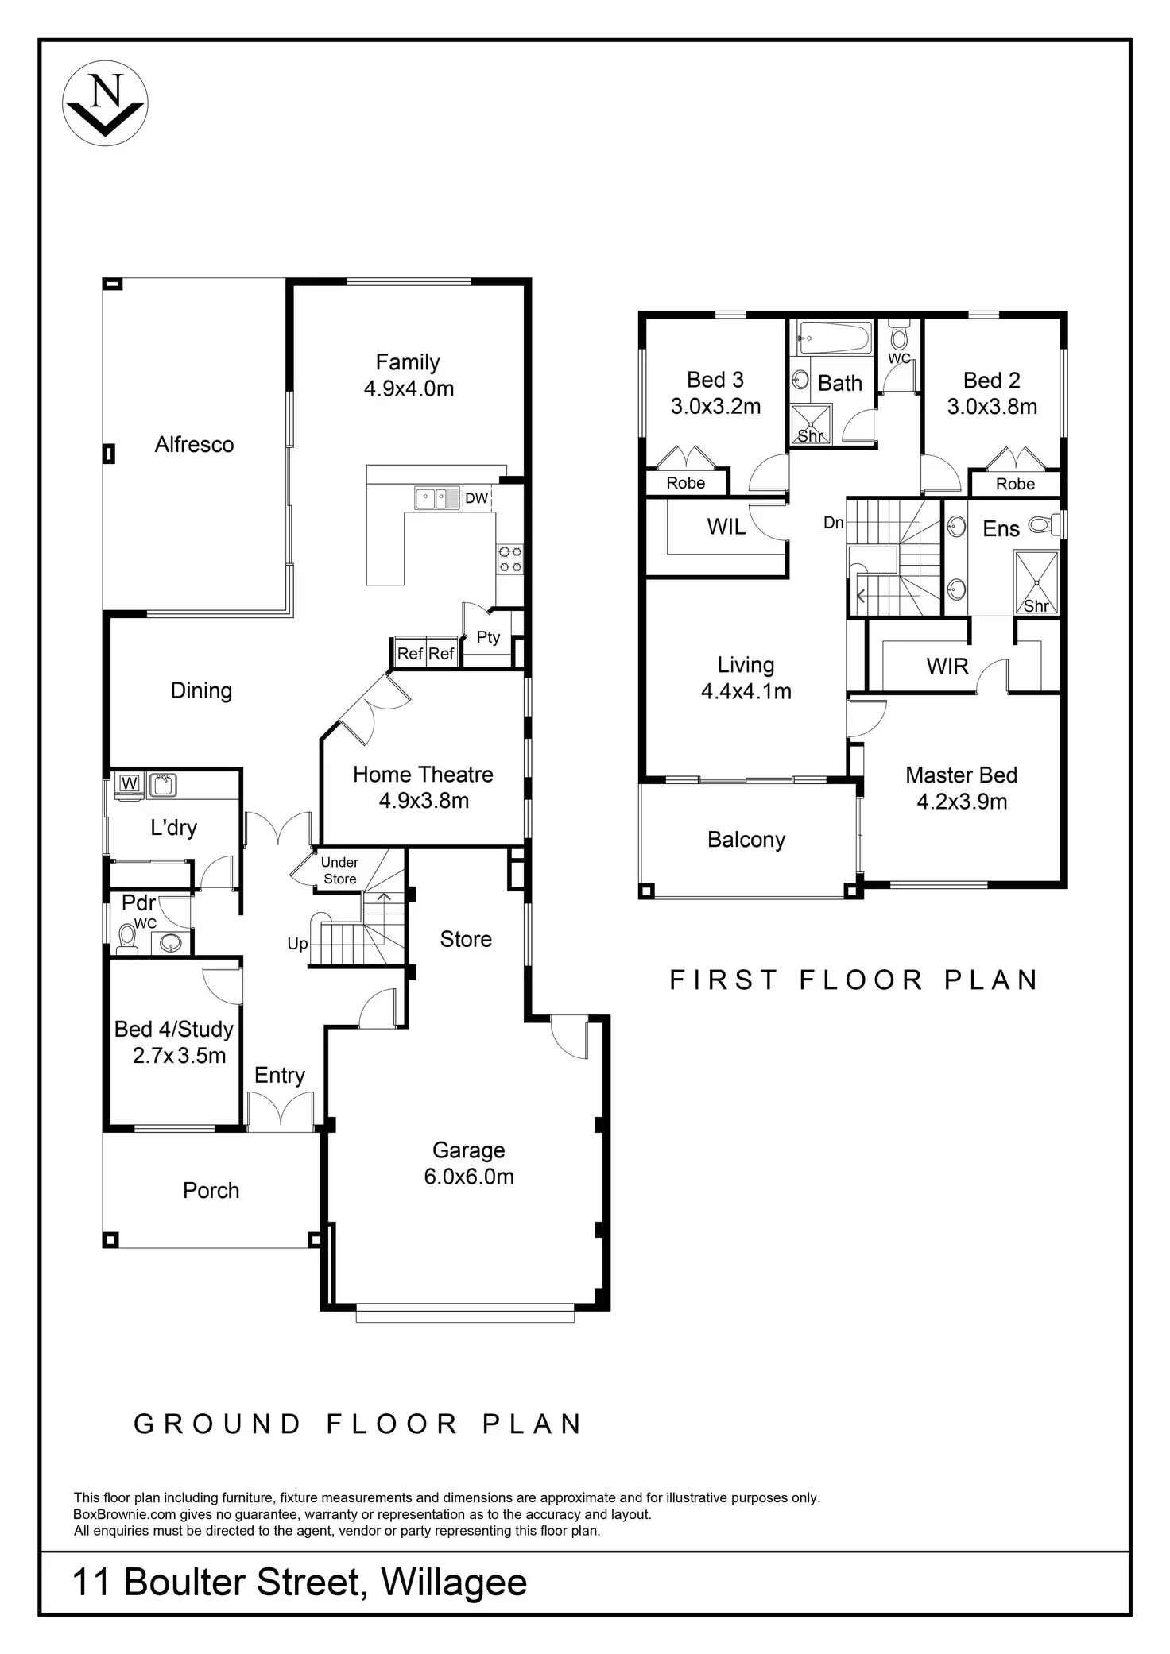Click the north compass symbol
[105, 103]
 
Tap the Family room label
[408, 362]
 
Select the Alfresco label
[194, 444]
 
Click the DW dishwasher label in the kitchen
[476, 498]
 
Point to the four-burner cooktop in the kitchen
[509, 558]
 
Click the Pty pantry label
[488, 637]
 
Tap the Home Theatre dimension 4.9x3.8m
[424, 801]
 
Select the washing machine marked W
[129, 783]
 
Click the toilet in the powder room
[126, 939]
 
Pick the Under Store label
[339, 871]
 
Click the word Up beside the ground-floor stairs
[297, 944]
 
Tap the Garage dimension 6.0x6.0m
[469, 1177]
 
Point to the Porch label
[211, 1190]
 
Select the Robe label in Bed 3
[685, 483]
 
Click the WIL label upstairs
[726, 527]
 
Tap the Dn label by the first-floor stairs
[833, 523]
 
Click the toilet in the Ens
[1044, 524]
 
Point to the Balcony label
[746, 840]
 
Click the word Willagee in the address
[454, 1582]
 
